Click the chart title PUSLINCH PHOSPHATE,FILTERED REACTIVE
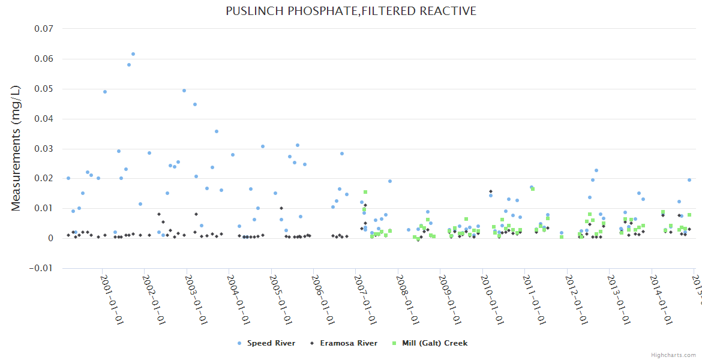(x=351, y=11)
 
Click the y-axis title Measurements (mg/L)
(x=16, y=148)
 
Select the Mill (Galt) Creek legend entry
(x=433, y=343)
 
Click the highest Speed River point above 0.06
(x=133, y=54)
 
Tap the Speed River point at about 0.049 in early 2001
(x=105, y=92)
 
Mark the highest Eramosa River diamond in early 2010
(x=491, y=191)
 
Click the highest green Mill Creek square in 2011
(x=533, y=189)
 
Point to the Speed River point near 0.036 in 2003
(x=217, y=131)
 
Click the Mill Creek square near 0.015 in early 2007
(x=365, y=192)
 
